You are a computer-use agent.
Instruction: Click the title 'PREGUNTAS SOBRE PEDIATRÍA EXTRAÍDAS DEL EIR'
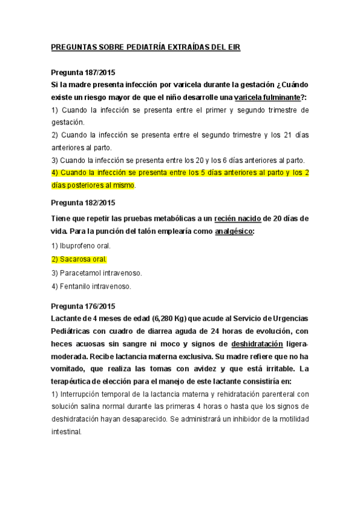coord(145,48)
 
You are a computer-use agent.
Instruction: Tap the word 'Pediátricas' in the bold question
coord(74,331)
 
